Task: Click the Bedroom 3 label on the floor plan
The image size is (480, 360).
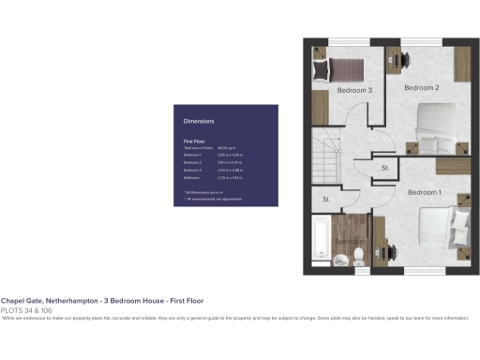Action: point(355,91)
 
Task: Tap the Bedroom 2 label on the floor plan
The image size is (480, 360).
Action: point(421,88)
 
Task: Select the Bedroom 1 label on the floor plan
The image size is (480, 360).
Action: point(424,192)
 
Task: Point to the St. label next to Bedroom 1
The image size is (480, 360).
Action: point(385,168)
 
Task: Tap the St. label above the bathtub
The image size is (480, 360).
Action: point(327,200)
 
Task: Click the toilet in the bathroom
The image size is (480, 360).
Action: point(358,262)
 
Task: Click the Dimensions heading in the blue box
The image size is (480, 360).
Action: point(199,121)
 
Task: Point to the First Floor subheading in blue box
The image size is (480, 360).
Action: point(194,141)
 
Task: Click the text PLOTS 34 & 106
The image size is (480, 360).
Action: point(26,309)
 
